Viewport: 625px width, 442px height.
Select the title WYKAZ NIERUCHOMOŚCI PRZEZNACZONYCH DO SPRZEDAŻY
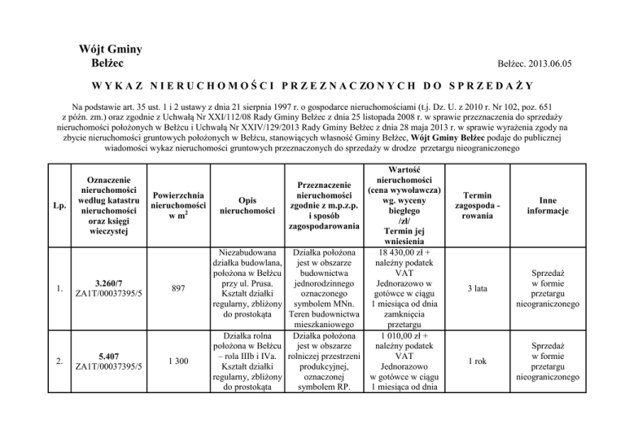coord(312,86)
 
